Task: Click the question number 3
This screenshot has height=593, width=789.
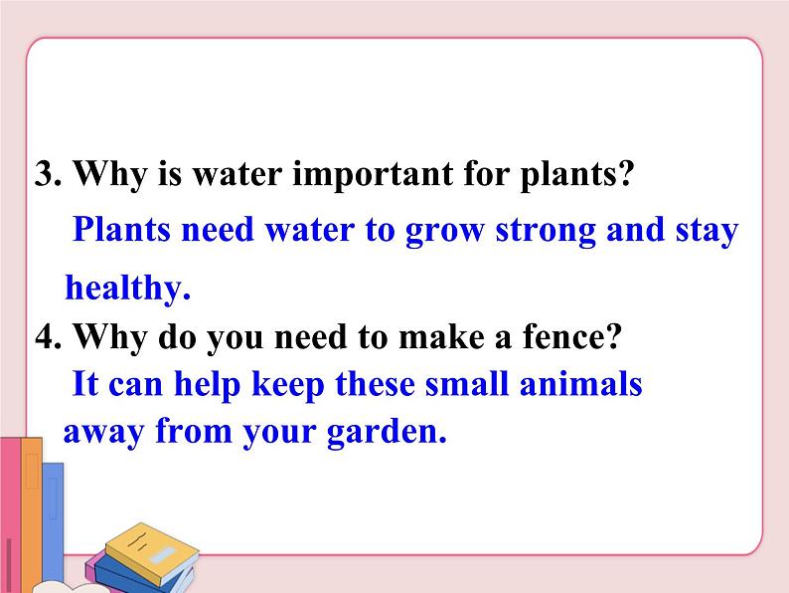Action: point(48,176)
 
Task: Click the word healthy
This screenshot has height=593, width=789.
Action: point(127,289)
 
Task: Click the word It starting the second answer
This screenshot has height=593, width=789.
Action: point(85,384)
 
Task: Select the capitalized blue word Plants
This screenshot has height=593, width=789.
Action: point(129,231)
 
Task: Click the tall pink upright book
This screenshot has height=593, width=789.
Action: point(11,517)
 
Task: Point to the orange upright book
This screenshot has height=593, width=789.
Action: point(33,522)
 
